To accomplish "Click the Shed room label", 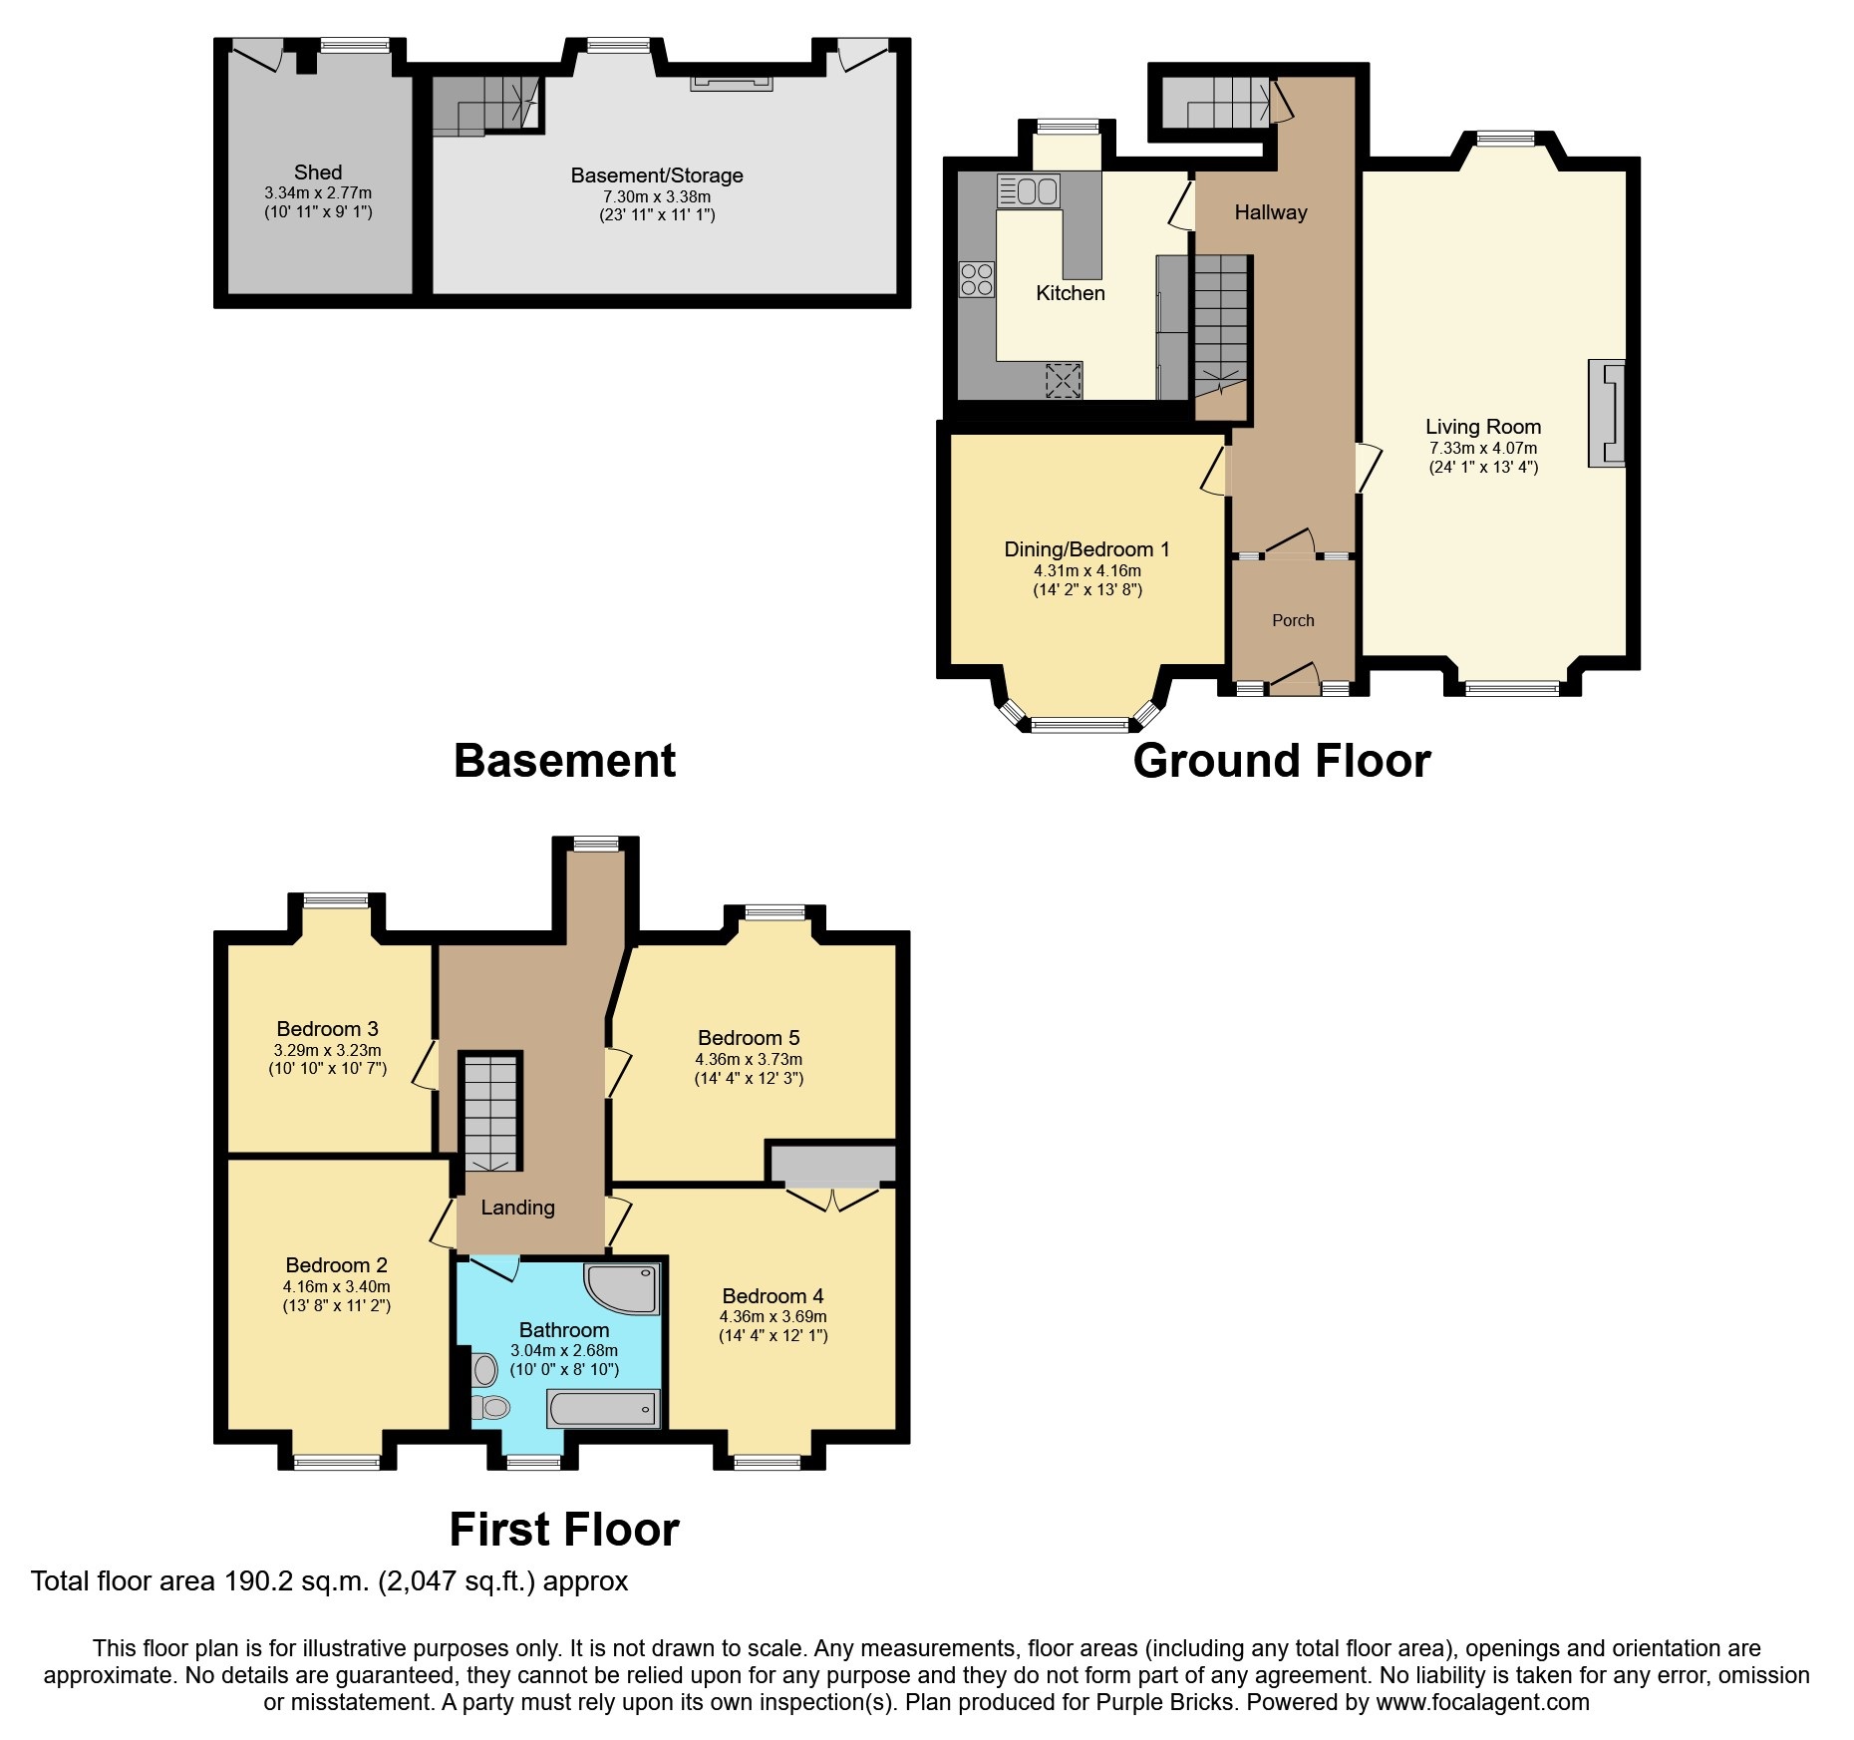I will click(317, 173).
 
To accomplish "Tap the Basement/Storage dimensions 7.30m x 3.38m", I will click(656, 196).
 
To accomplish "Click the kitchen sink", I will click(1029, 190).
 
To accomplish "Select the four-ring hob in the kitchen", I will click(976, 279).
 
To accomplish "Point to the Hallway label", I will click(1270, 212).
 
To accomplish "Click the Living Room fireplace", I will click(1606, 413).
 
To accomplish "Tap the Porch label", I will click(1293, 620).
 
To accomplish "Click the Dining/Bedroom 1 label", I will click(1086, 549).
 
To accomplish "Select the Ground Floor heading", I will click(1281, 761).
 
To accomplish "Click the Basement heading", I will click(564, 761).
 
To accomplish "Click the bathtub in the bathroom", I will click(602, 1409).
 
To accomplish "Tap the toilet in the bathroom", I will click(490, 1407).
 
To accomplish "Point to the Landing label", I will click(517, 1208).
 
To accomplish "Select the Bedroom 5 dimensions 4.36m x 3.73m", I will click(748, 1059).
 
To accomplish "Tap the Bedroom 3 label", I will click(327, 1029).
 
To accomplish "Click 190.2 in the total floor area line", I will click(260, 1581).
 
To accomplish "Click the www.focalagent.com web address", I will click(1482, 1702).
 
